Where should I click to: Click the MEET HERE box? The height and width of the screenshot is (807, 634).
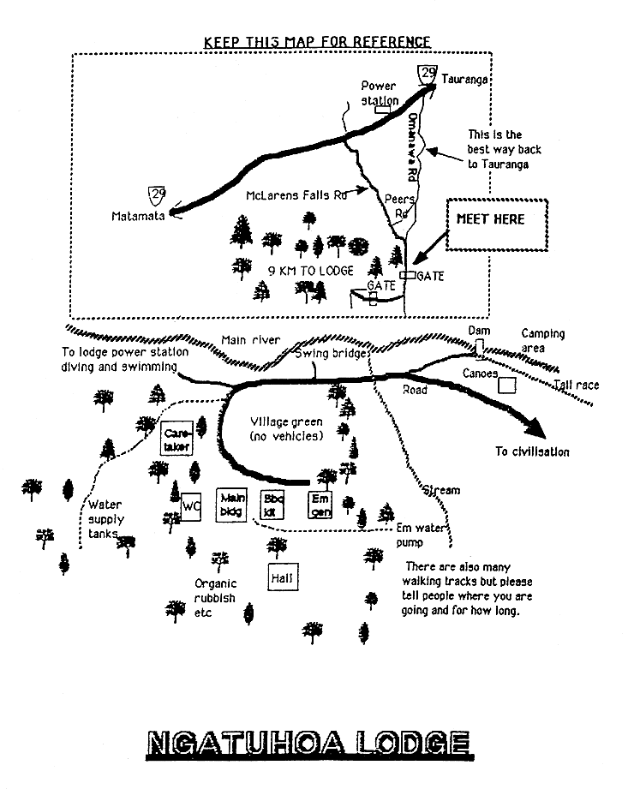[490, 224]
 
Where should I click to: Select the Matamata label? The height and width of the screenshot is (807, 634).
[137, 217]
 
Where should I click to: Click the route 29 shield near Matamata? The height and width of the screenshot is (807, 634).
[157, 196]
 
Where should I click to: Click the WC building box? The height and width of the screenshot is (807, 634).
[191, 506]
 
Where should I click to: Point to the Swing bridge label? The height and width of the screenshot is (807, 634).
[331, 353]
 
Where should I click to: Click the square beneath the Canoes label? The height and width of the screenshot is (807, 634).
[508, 386]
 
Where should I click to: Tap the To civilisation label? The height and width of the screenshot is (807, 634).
[531, 451]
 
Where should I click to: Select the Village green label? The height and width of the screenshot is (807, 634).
[286, 429]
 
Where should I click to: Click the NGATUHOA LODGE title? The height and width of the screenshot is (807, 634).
[310, 744]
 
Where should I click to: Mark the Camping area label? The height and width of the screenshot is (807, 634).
[543, 340]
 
